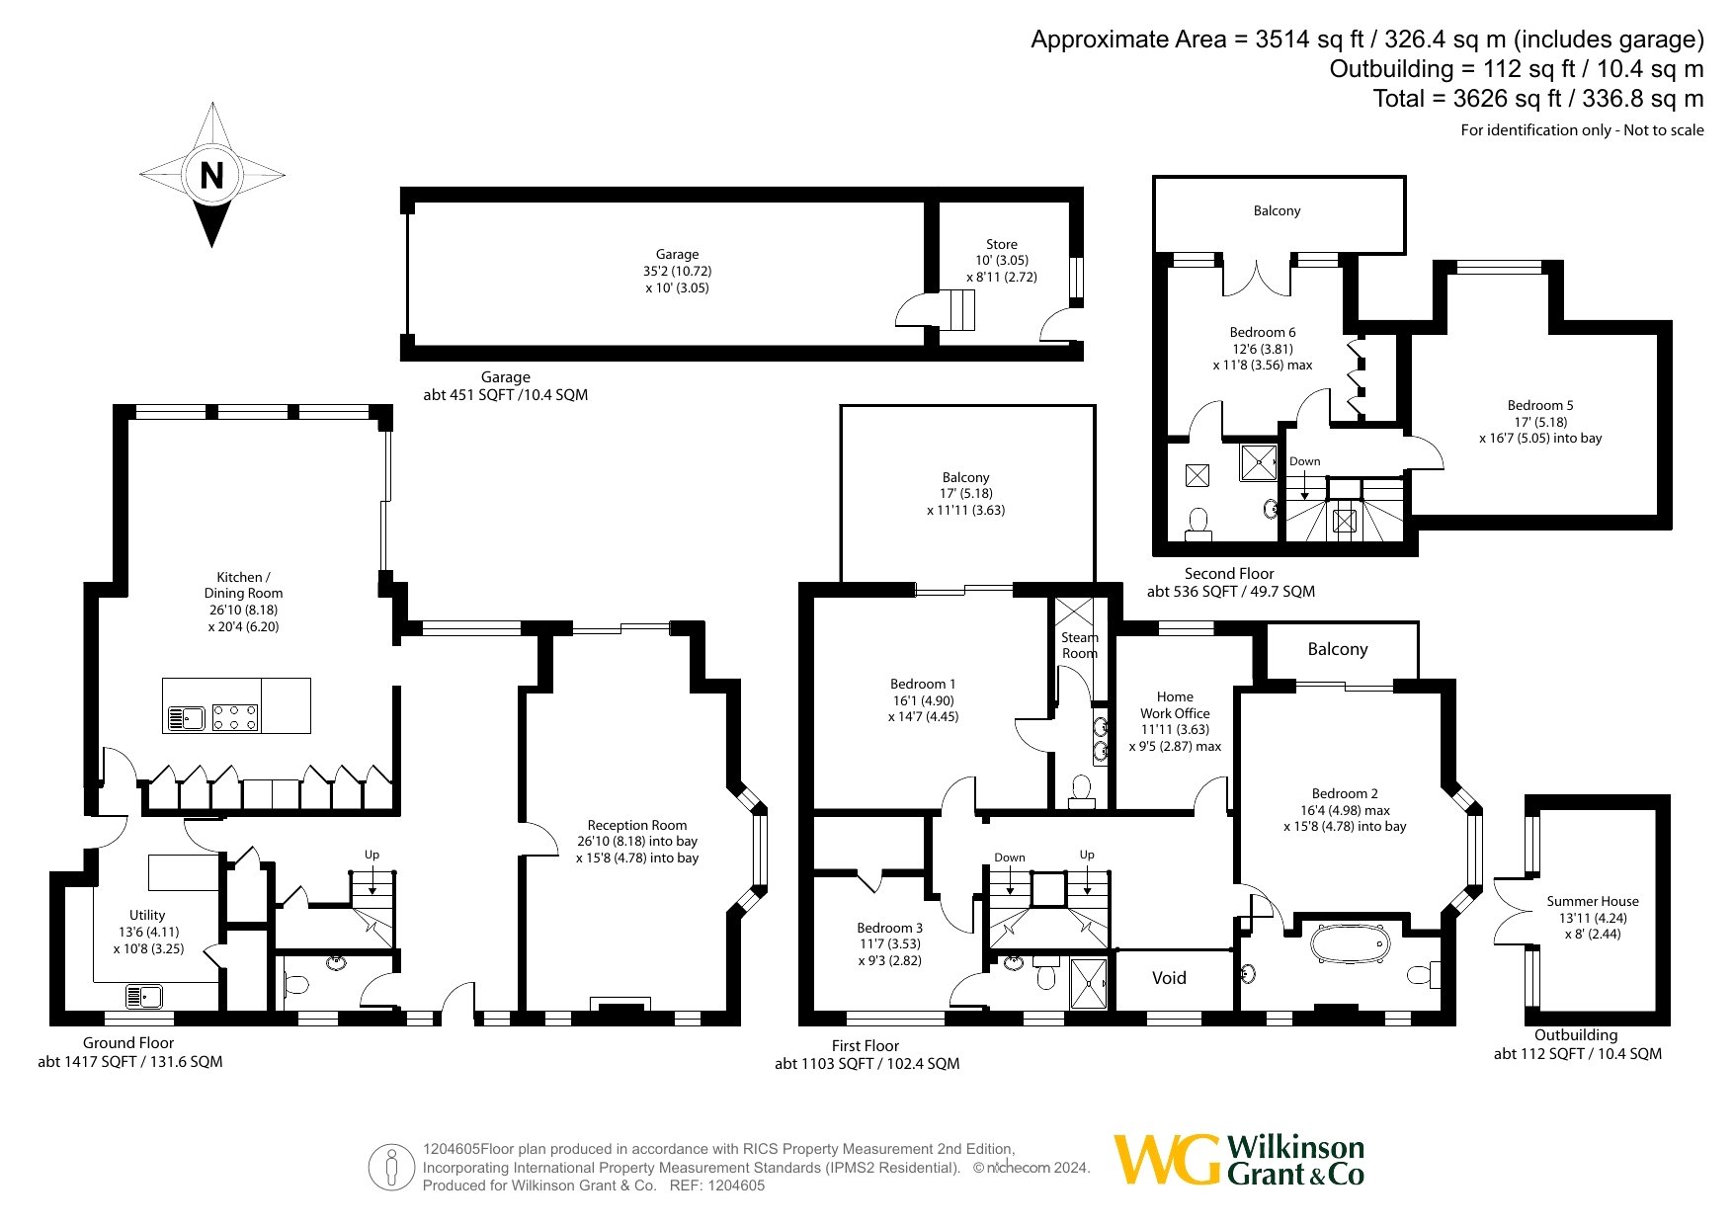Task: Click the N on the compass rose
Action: [x=211, y=176]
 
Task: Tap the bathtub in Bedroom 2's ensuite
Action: [x=1350, y=944]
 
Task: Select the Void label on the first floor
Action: [x=1169, y=978]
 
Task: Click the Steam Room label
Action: [x=1080, y=645]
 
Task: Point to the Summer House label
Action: [x=1593, y=901]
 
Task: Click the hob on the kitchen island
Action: [x=235, y=716]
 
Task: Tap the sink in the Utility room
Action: [x=144, y=996]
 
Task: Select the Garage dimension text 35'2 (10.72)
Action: [x=677, y=271]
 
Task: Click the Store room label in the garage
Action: [x=1001, y=244]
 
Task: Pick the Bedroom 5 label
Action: [x=1540, y=405]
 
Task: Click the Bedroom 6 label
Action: [x=1263, y=332]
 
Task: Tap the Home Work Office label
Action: [x=1175, y=704]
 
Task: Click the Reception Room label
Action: [x=637, y=825]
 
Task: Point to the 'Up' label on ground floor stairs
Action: [x=372, y=855]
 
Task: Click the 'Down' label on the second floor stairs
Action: [x=1304, y=461]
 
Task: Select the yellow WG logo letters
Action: [x=1167, y=1159]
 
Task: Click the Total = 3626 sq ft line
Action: [x=1538, y=99]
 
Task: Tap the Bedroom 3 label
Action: [x=889, y=928]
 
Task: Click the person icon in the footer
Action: [x=392, y=1168]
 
